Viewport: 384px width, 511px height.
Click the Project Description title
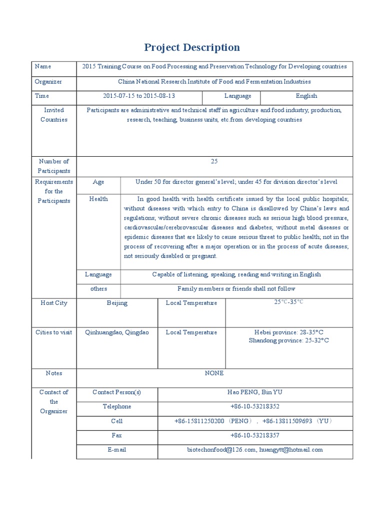192,47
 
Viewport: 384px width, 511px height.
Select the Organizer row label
48,81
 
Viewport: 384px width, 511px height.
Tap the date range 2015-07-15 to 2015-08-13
139,96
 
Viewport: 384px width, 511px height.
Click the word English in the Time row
306,96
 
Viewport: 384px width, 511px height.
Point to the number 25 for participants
214,161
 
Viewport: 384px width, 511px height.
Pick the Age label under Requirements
98,182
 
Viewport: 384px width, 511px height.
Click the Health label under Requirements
98,199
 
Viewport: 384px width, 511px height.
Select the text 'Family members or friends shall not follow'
236,288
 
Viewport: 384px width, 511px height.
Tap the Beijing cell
117,303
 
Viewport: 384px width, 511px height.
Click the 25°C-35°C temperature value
288,302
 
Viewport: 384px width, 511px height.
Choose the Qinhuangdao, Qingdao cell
117,332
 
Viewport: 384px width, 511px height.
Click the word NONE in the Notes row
214,373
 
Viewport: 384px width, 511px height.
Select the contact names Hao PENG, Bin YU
254,392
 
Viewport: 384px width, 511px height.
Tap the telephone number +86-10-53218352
254,407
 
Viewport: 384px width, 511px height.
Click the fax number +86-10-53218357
254,436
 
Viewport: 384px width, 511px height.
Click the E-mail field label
116,450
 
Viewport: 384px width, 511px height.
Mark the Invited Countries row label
53,115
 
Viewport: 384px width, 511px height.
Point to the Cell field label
116,421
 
